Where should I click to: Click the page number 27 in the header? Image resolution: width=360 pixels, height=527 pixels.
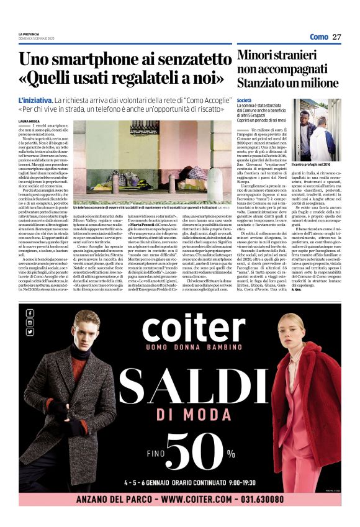(336, 37)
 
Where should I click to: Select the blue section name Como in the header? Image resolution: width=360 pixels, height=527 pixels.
(318, 37)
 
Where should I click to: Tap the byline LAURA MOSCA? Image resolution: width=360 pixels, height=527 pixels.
(30, 121)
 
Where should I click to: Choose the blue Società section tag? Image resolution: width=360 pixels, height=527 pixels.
(245, 99)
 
